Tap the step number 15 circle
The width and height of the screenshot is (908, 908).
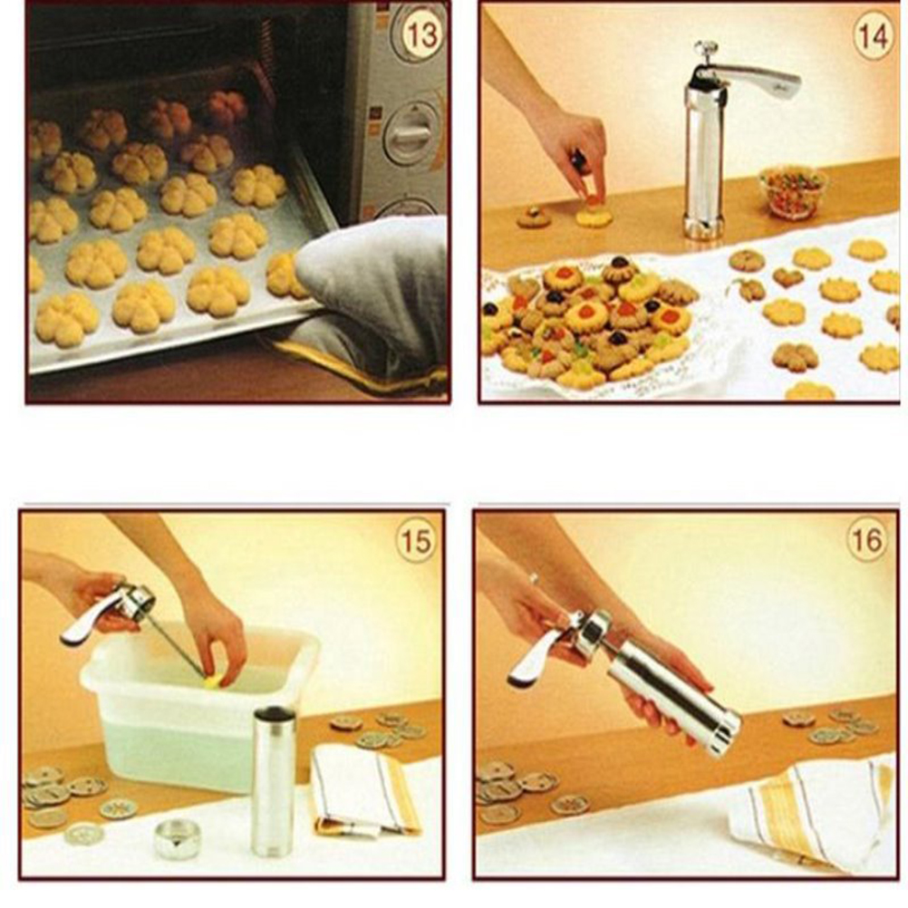pos(416,542)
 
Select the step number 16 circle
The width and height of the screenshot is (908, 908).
pos(867,540)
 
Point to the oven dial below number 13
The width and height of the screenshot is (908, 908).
pos(409,131)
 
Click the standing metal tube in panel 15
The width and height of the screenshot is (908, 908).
pos(274,782)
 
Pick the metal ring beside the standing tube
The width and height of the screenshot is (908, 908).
pos(178,838)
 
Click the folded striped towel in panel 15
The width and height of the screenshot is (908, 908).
pos(362,790)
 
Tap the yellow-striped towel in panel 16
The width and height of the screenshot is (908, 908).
pos(811,811)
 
